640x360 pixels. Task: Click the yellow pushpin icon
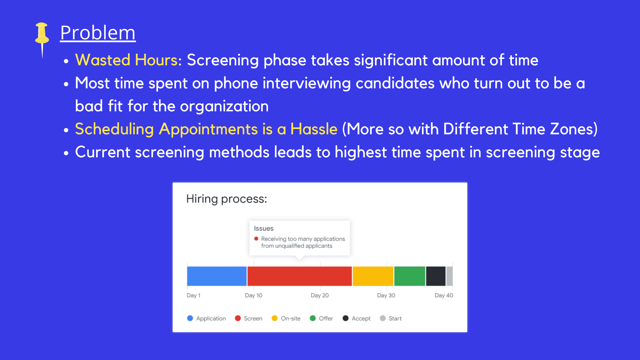42,37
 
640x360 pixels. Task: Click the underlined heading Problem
98,33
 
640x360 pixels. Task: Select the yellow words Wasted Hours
126,60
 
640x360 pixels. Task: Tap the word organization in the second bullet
224,106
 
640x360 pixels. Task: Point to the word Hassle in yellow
314,129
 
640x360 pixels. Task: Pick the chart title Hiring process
227,199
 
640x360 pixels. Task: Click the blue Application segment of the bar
217,276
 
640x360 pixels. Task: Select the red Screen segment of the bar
300,276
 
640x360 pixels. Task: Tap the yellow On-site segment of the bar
373,276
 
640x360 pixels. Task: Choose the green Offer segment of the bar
410,276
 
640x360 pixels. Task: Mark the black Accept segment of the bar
436,276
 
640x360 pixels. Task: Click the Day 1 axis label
193,295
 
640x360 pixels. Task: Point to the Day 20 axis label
320,295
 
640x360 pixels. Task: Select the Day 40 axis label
444,295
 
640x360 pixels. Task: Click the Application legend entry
207,318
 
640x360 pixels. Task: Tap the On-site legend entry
286,318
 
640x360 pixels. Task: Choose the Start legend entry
391,318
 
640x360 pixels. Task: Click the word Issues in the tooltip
264,229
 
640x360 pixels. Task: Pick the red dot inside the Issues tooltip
256,239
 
